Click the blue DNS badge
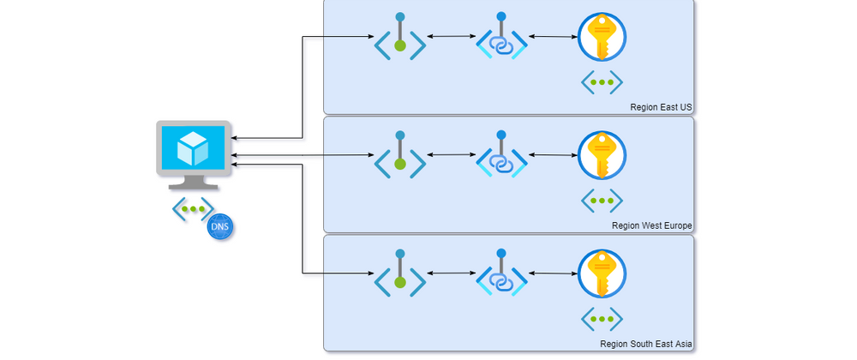click(x=220, y=227)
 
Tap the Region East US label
click(x=660, y=107)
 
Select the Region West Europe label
click(x=651, y=225)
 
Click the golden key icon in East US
click(x=602, y=37)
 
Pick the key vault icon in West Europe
click(x=602, y=155)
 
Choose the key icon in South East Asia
click(x=602, y=273)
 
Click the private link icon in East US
click(x=500, y=37)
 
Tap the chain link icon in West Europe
click(x=500, y=155)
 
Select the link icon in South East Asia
click(x=500, y=273)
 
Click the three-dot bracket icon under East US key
click(x=602, y=82)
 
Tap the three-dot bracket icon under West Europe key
click(x=602, y=201)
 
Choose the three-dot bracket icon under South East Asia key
click(x=602, y=319)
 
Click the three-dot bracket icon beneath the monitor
click(x=193, y=208)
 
